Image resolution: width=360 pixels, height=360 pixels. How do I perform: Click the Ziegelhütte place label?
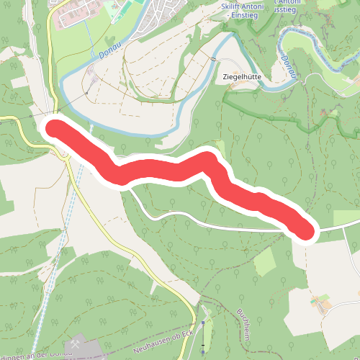coord(241,76)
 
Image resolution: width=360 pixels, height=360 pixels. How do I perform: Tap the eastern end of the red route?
coord(305,230)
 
